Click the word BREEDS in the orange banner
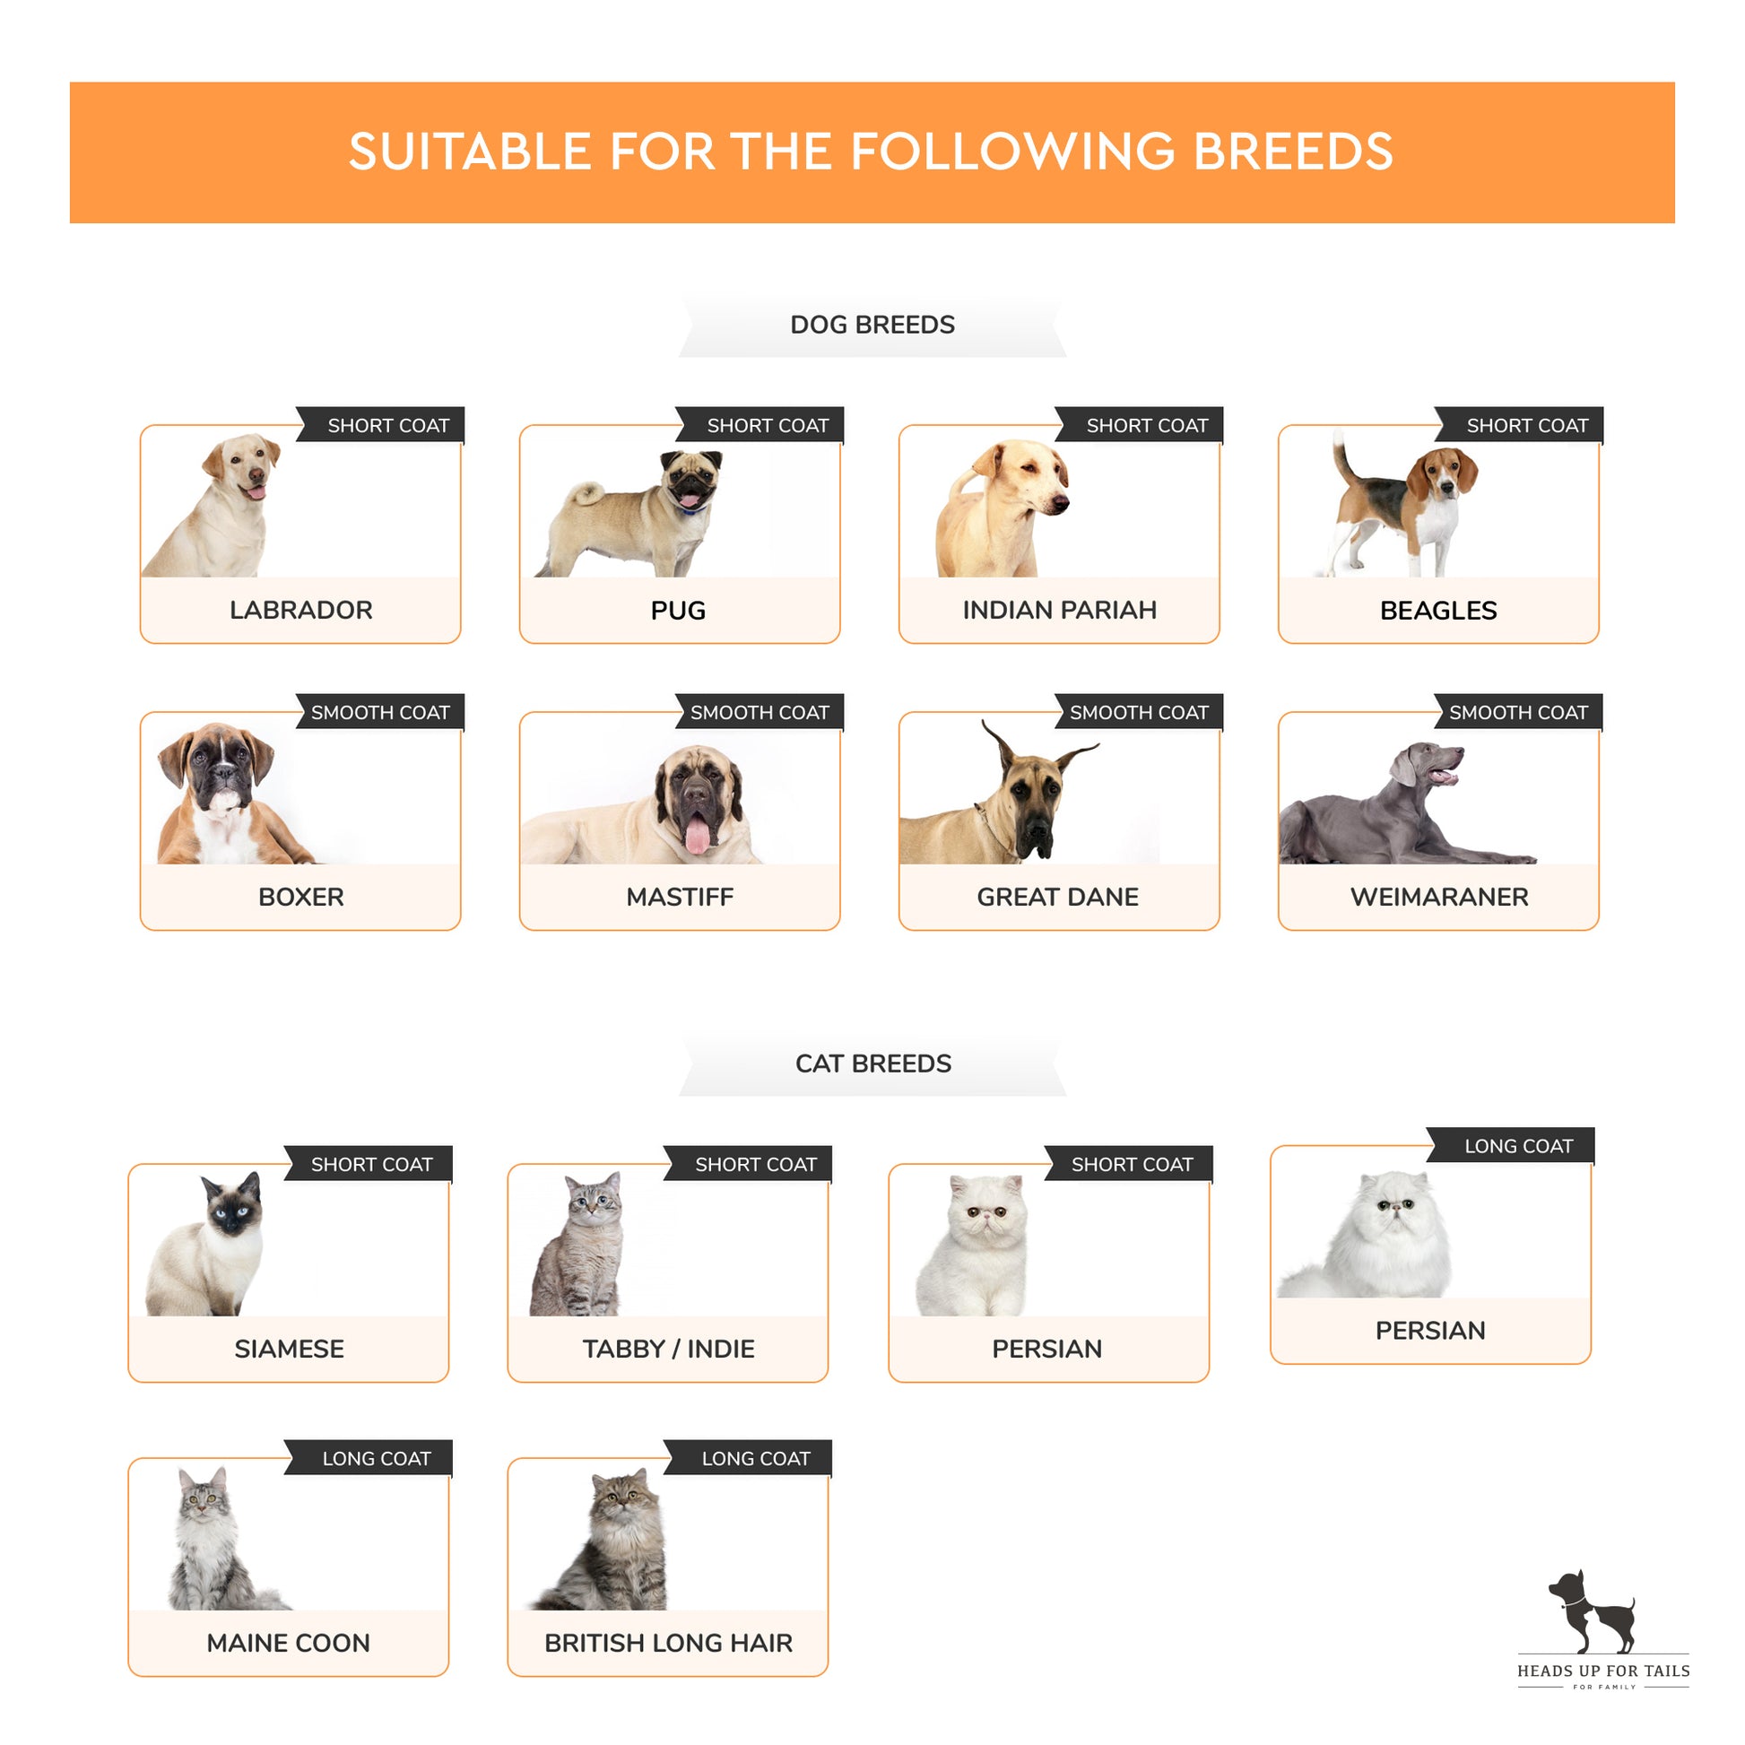[x=1293, y=151]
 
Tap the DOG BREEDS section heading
[x=872, y=326]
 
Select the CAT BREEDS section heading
[x=873, y=1063]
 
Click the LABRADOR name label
[x=300, y=610]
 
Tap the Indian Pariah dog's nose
[x=1062, y=503]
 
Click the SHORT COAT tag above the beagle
[x=1526, y=425]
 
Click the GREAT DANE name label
[x=1057, y=897]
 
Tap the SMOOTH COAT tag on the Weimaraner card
[x=1518, y=713]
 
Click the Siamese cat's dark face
[x=231, y=1208]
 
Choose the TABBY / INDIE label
[x=668, y=1349]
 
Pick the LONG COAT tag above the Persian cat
[x=1518, y=1146]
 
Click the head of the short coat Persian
[x=987, y=1207]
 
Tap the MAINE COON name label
[x=288, y=1643]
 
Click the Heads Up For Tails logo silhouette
[x=1592, y=1613]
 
